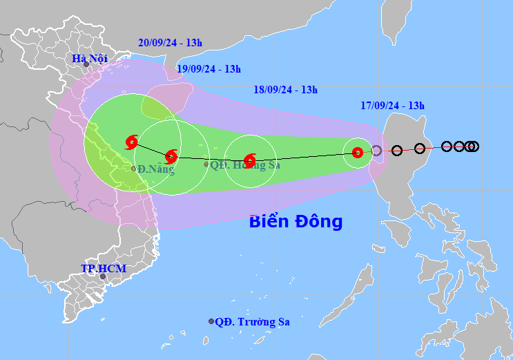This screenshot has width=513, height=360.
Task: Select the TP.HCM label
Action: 97,268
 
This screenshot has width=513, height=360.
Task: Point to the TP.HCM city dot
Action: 103,276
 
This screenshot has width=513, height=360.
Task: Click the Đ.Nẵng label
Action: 155,169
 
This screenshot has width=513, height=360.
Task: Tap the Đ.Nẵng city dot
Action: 133,169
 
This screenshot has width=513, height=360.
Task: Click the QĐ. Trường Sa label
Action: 252,321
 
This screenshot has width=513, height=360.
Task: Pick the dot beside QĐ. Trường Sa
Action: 211,321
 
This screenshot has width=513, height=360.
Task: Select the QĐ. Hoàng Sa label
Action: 235,164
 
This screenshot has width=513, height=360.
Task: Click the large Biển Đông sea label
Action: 296,222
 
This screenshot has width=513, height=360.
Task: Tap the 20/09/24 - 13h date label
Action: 170,43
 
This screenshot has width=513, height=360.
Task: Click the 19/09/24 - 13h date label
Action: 209,68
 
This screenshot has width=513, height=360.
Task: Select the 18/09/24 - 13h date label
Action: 285,90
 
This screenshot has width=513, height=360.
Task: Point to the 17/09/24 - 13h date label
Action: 392,106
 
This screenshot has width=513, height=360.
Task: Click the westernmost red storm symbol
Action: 131,142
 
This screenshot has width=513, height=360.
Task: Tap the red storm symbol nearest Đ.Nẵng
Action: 171,155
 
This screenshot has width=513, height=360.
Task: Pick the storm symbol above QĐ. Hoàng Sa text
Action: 250,160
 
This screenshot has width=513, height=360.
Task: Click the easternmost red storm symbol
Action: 358,153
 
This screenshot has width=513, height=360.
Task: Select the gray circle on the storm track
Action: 376,151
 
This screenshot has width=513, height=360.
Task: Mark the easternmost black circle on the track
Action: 474,146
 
